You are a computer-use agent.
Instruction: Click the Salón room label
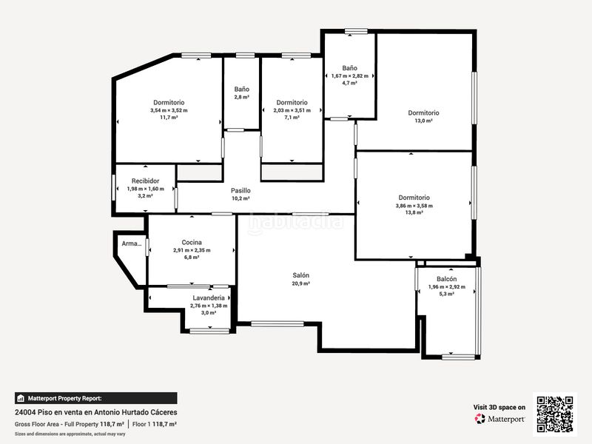pyautogui.click(x=300, y=275)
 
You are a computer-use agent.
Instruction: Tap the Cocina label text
pyautogui.click(x=192, y=242)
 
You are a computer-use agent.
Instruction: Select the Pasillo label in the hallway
pyautogui.click(x=240, y=190)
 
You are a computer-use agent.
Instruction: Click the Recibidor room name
pyautogui.click(x=145, y=181)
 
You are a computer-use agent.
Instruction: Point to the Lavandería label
pyautogui.click(x=208, y=297)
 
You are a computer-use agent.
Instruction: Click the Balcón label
pyautogui.click(x=446, y=278)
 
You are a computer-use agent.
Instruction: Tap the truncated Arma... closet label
pyautogui.click(x=131, y=243)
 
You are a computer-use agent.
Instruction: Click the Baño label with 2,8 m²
pyautogui.click(x=241, y=89)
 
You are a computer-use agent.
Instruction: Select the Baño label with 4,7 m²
pyautogui.click(x=349, y=68)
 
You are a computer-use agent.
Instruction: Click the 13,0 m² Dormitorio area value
pyautogui.click(x=423, y=121)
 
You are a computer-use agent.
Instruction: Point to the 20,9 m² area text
pyautogui.click(x=300, y=283)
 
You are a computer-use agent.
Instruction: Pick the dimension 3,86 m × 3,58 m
pyautogui.click(x=414, y=206)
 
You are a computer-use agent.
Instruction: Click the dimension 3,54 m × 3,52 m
pyautogui.click(x=169, y=110)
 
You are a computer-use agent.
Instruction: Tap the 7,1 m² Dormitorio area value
pyautogui.click(x=292, y=118)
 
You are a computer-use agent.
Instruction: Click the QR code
pyautogui.click(x=554, y=414)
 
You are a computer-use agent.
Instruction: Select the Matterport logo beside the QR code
pyautogui.click(x=500, y=419)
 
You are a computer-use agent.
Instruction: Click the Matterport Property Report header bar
pyautogui.click(x=95, y=397)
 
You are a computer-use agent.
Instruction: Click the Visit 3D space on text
pyautogui.click(x=499, y=407)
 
